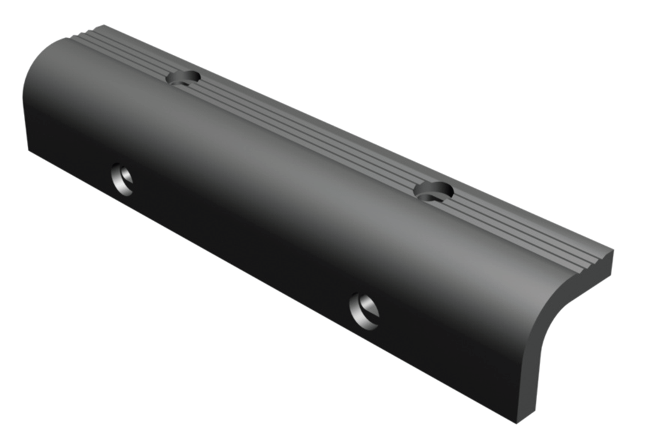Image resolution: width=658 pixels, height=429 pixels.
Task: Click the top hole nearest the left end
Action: click(x=183, y=77)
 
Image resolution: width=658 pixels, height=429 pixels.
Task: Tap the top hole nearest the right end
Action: click(x=434, y=191)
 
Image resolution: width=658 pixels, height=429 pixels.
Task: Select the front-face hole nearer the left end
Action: click(x=122, y=180)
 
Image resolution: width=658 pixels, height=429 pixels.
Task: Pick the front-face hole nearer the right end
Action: click(x=364, y=311)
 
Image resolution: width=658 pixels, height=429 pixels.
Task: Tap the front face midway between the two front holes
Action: click(x=243, y=246)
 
